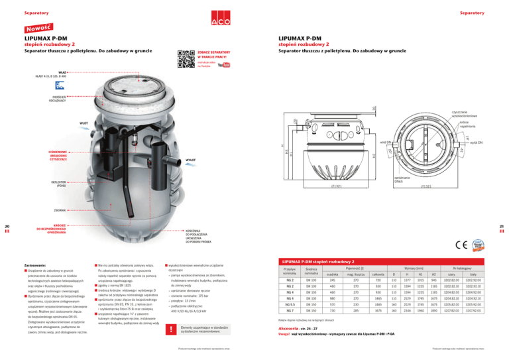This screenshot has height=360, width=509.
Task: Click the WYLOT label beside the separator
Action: click(190, 160)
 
